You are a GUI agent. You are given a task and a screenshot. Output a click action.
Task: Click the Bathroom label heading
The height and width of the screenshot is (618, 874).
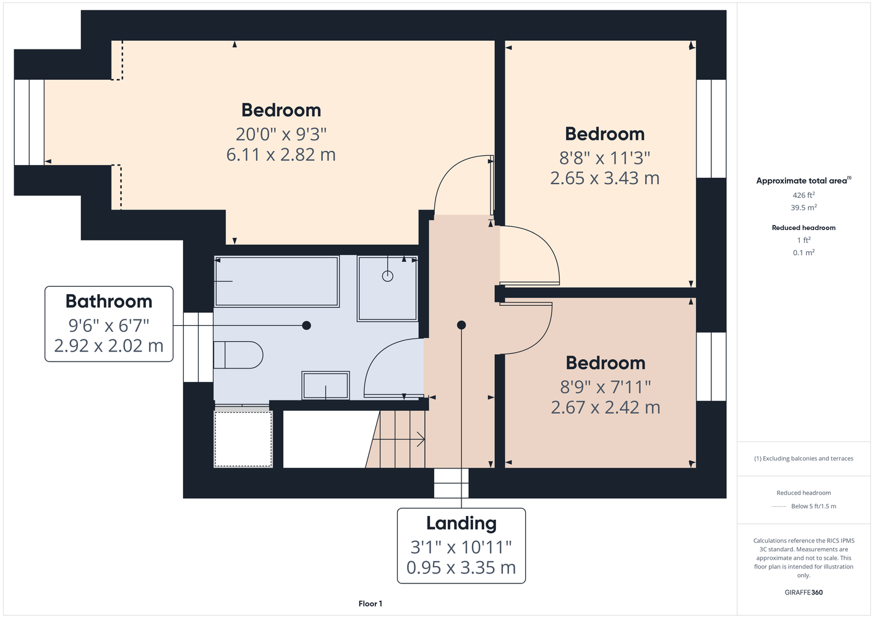109,302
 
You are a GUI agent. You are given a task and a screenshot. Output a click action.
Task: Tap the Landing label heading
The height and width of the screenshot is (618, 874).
461,523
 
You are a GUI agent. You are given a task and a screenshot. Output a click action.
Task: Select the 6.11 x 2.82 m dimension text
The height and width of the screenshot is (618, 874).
281,154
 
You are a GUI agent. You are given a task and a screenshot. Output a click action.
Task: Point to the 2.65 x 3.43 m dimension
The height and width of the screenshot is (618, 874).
605,178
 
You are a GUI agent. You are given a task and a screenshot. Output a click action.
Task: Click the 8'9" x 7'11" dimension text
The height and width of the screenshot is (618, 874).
606,387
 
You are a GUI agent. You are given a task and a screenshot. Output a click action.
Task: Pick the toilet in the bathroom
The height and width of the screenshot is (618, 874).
238,355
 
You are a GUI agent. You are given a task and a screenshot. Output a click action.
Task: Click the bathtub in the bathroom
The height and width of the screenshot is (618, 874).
276,281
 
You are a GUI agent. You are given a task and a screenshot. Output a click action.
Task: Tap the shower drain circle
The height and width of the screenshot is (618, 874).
387,276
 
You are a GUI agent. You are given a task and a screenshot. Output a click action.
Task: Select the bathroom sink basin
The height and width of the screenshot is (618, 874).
326,385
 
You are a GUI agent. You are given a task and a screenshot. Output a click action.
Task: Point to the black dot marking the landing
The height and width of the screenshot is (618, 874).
461,325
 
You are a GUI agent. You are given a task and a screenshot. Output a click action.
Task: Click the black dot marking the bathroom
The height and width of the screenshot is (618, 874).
307,325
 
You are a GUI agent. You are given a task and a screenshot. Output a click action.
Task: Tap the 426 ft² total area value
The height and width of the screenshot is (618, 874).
803,195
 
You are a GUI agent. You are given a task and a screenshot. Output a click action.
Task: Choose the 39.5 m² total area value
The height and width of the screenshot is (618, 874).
803,208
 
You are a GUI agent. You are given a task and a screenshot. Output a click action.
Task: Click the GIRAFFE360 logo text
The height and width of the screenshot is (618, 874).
803,592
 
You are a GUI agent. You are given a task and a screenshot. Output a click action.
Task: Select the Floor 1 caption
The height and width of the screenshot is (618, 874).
371,604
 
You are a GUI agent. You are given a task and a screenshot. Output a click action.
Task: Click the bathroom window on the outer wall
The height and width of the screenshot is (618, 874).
198,347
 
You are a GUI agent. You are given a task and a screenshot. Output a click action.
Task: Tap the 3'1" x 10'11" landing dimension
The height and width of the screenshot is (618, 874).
461,548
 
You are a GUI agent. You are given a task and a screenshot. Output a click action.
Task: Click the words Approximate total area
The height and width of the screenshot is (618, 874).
802,180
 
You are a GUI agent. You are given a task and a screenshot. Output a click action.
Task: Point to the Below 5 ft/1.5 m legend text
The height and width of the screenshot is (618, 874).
813,506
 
